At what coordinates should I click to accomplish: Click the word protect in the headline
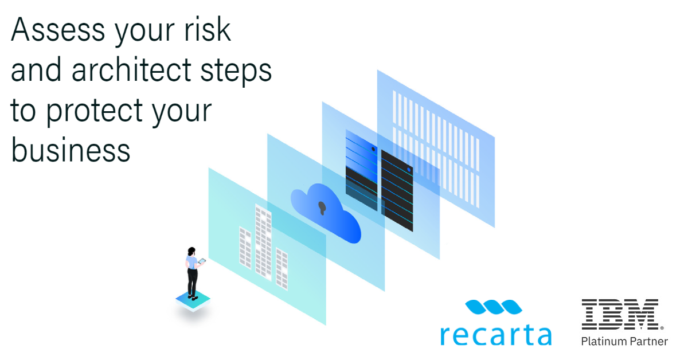pos(98,110)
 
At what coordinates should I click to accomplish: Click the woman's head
pos(191,252)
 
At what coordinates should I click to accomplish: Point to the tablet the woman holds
pos(202,262)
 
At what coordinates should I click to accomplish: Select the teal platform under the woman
pos(193,301)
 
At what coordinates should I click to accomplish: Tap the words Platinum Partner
pos(624,342)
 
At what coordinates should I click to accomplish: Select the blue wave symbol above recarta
pos(494,308)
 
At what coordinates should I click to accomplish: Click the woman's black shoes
pos(194,296)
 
